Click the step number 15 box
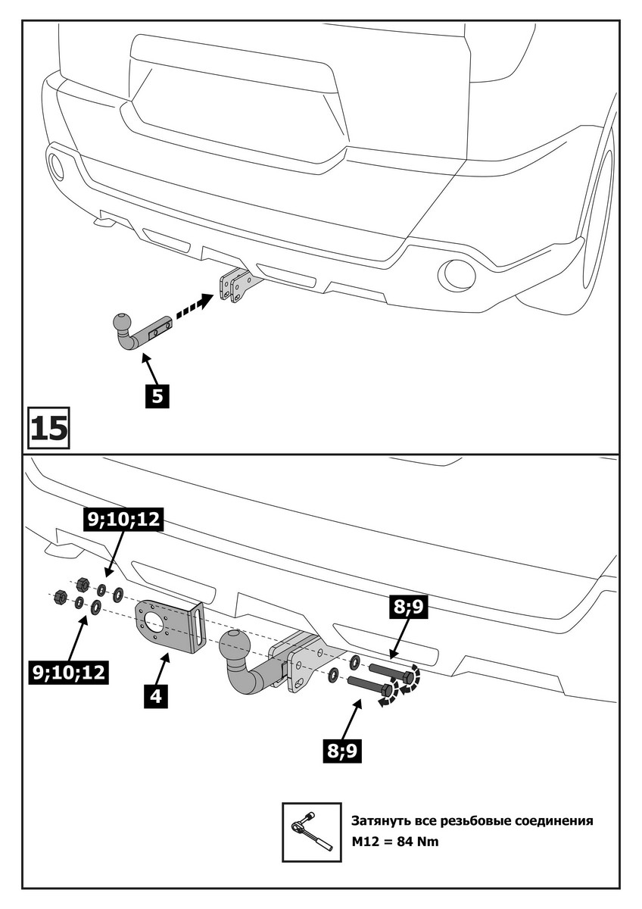[x=49, y=428]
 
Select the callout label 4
[x=154, y=694]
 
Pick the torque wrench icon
[x=310, y=831]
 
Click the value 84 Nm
[x=415, y=842]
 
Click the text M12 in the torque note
[x=365, y=842]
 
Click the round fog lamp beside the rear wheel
[x=459, y=274]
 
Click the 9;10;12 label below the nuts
[x=69, y=670]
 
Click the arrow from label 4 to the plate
[x=162, y=670]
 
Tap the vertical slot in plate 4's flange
[x=198, y=628]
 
